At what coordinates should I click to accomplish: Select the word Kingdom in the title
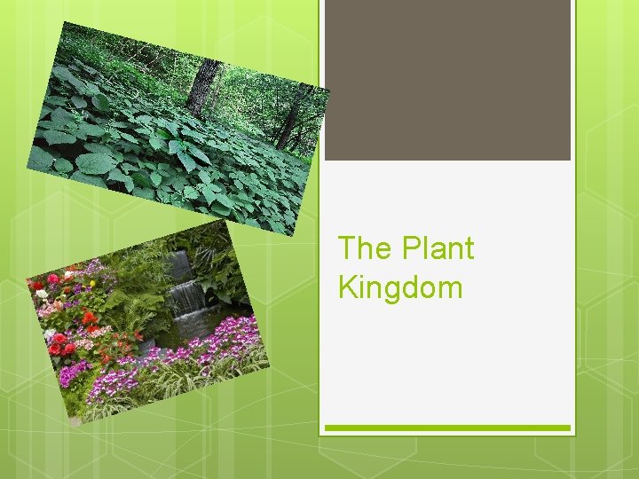click(400, 287)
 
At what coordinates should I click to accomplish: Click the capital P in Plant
click(412, 248)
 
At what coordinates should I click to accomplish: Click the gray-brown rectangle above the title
click(447, 80)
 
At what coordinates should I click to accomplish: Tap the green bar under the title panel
click(447, 428)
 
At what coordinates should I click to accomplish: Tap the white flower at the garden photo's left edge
click(41, 294)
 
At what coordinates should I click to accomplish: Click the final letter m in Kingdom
click(447, 287)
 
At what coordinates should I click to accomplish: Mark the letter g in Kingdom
click(388, 289)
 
